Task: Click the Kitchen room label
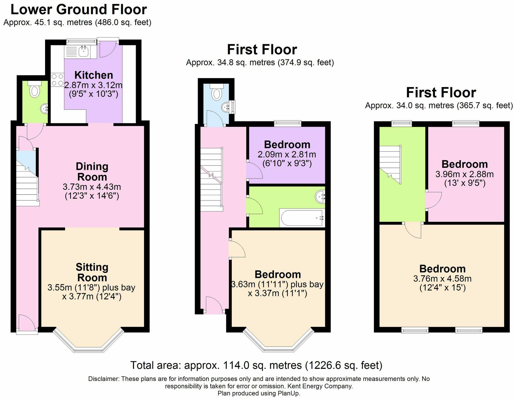click(x=94, y=75)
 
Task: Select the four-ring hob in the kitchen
click(x=57, y=79)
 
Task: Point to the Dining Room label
click(x=92, y=171)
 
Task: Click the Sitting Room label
click(x=92, y=272)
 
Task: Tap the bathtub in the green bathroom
click(x=301, y=218)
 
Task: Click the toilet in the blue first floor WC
click(x=217, y=92)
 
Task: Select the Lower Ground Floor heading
click(x=79, y=10)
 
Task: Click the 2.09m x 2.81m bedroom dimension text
click(x=287, y=155)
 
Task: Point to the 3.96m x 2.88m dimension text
click(x=464, y=174)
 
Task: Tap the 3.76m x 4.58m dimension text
click(x=442, y=279)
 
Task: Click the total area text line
click(x=256, y=365)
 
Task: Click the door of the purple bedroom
click(x=254, y=170)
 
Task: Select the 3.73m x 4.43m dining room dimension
click(x=92, y=187)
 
